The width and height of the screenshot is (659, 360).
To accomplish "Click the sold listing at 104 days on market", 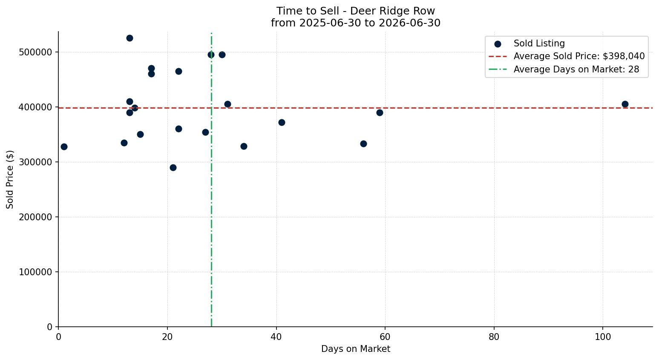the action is point(625,104).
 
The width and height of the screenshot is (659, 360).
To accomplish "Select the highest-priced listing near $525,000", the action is point(129,38).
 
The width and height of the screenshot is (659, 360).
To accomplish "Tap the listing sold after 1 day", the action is point(64,147).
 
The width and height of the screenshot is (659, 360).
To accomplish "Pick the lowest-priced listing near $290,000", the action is point(173,168).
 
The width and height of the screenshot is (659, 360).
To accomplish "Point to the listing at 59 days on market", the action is point(380,112).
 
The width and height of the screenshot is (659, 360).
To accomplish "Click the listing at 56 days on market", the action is point(363,144).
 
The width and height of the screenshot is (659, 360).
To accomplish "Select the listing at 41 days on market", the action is point(282,122).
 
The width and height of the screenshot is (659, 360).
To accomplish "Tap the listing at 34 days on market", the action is point(244,147).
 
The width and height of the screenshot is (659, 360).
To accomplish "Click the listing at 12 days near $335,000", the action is point(124,143).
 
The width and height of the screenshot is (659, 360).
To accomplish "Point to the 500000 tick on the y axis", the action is point(35,52).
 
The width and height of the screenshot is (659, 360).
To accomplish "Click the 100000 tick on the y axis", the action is point(35,272).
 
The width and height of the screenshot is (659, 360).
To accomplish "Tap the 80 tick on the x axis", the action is point(494,337).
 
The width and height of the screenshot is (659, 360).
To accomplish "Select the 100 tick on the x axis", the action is point(603,337).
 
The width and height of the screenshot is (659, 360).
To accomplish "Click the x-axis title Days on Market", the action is point(355,349).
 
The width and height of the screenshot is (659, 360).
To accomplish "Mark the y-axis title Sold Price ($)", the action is point(10,179).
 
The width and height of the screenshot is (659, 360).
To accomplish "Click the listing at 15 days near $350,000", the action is point(140,134).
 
